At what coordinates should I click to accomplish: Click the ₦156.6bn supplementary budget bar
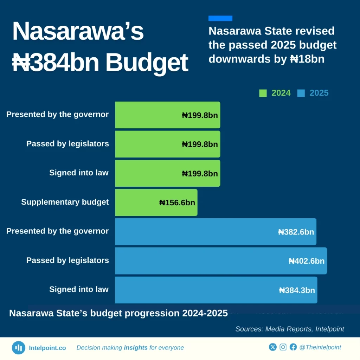[156, 202]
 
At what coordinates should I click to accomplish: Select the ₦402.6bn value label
[306, 261]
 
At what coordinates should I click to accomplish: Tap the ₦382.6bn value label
[296, 232]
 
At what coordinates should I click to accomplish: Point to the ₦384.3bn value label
[297, 290]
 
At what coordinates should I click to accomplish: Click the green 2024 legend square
[263, 93]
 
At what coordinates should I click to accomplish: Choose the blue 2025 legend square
[301, 93]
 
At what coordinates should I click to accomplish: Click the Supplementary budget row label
[65, 202]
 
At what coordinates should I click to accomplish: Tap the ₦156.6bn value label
[177, 202]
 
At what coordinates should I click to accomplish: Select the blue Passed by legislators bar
[221, 261]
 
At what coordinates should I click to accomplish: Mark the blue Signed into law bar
[216, 290]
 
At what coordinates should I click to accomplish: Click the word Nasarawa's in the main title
[78, 32]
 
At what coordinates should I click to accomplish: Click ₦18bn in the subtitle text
[307, 59]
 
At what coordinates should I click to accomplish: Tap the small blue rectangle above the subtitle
[220, 18]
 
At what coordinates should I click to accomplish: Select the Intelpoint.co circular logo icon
[18, 348]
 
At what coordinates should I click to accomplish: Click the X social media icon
[273, 347]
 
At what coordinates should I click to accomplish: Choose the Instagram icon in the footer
[283, 347]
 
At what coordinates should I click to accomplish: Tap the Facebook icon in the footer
[293, 347]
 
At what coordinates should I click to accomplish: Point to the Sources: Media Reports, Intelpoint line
[289, 329]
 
